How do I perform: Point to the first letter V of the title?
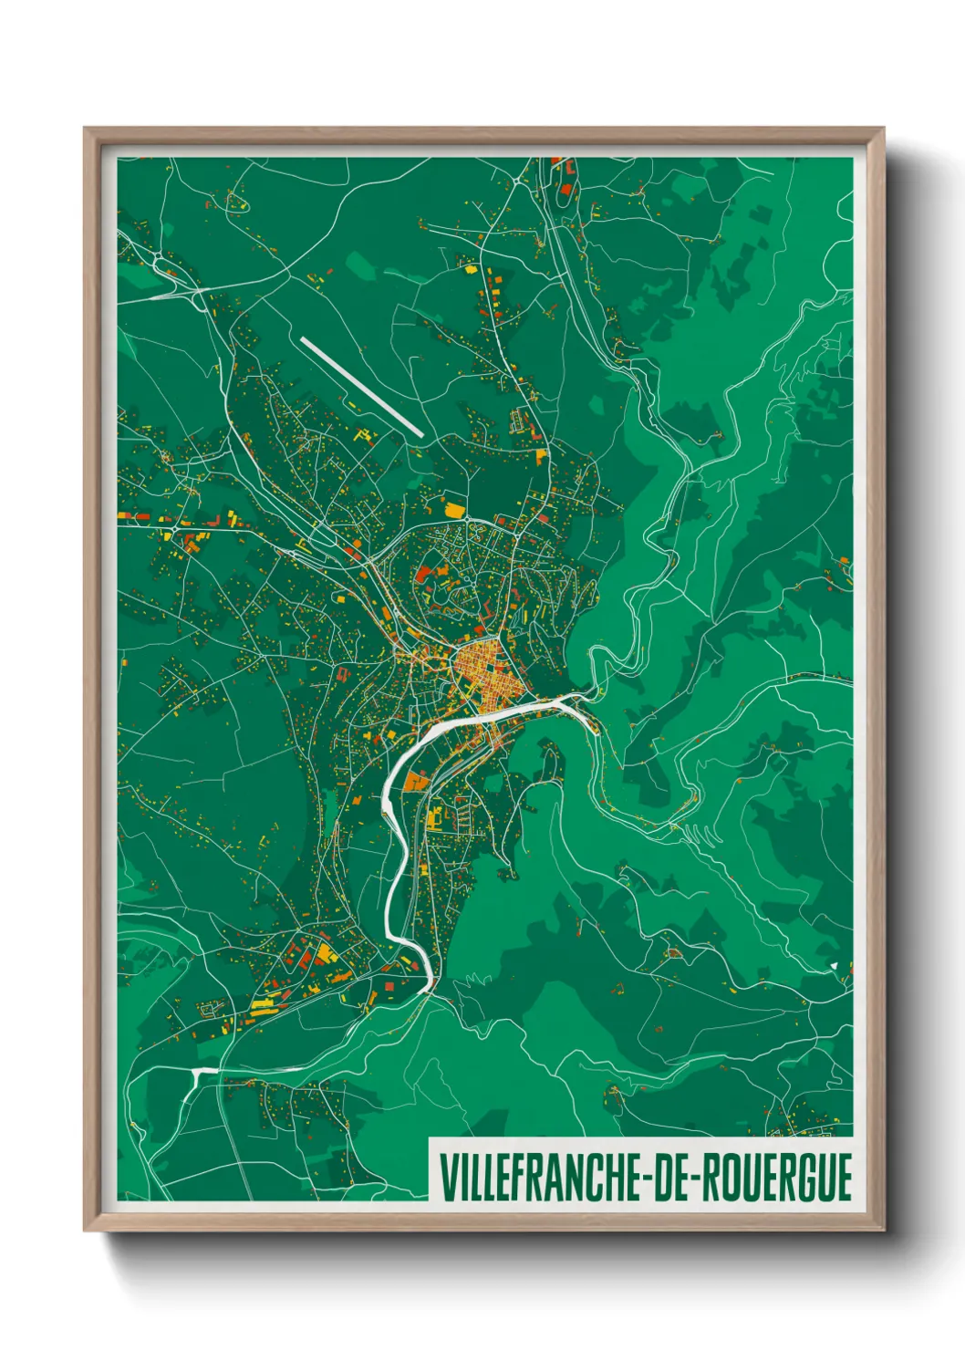pos(447,1178)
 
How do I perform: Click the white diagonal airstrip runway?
pos(361,387)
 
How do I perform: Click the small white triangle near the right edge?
pos(834,963)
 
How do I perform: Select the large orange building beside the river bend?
pos(416,781)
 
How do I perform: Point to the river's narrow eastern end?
pos(584,697)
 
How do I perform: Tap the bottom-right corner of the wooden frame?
pos(882,1229)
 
